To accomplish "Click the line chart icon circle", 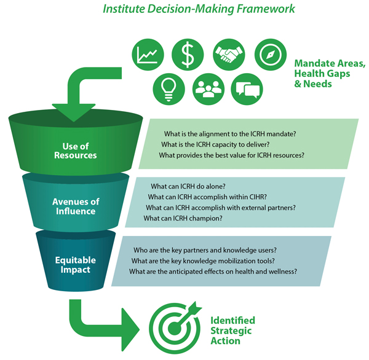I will click(148, 55).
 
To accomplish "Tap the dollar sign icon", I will click(188, 55).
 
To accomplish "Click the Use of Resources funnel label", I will click(79, 150).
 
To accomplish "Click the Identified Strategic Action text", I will click(232, 331).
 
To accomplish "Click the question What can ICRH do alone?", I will click(188, 186).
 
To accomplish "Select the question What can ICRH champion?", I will click(183, 218).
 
